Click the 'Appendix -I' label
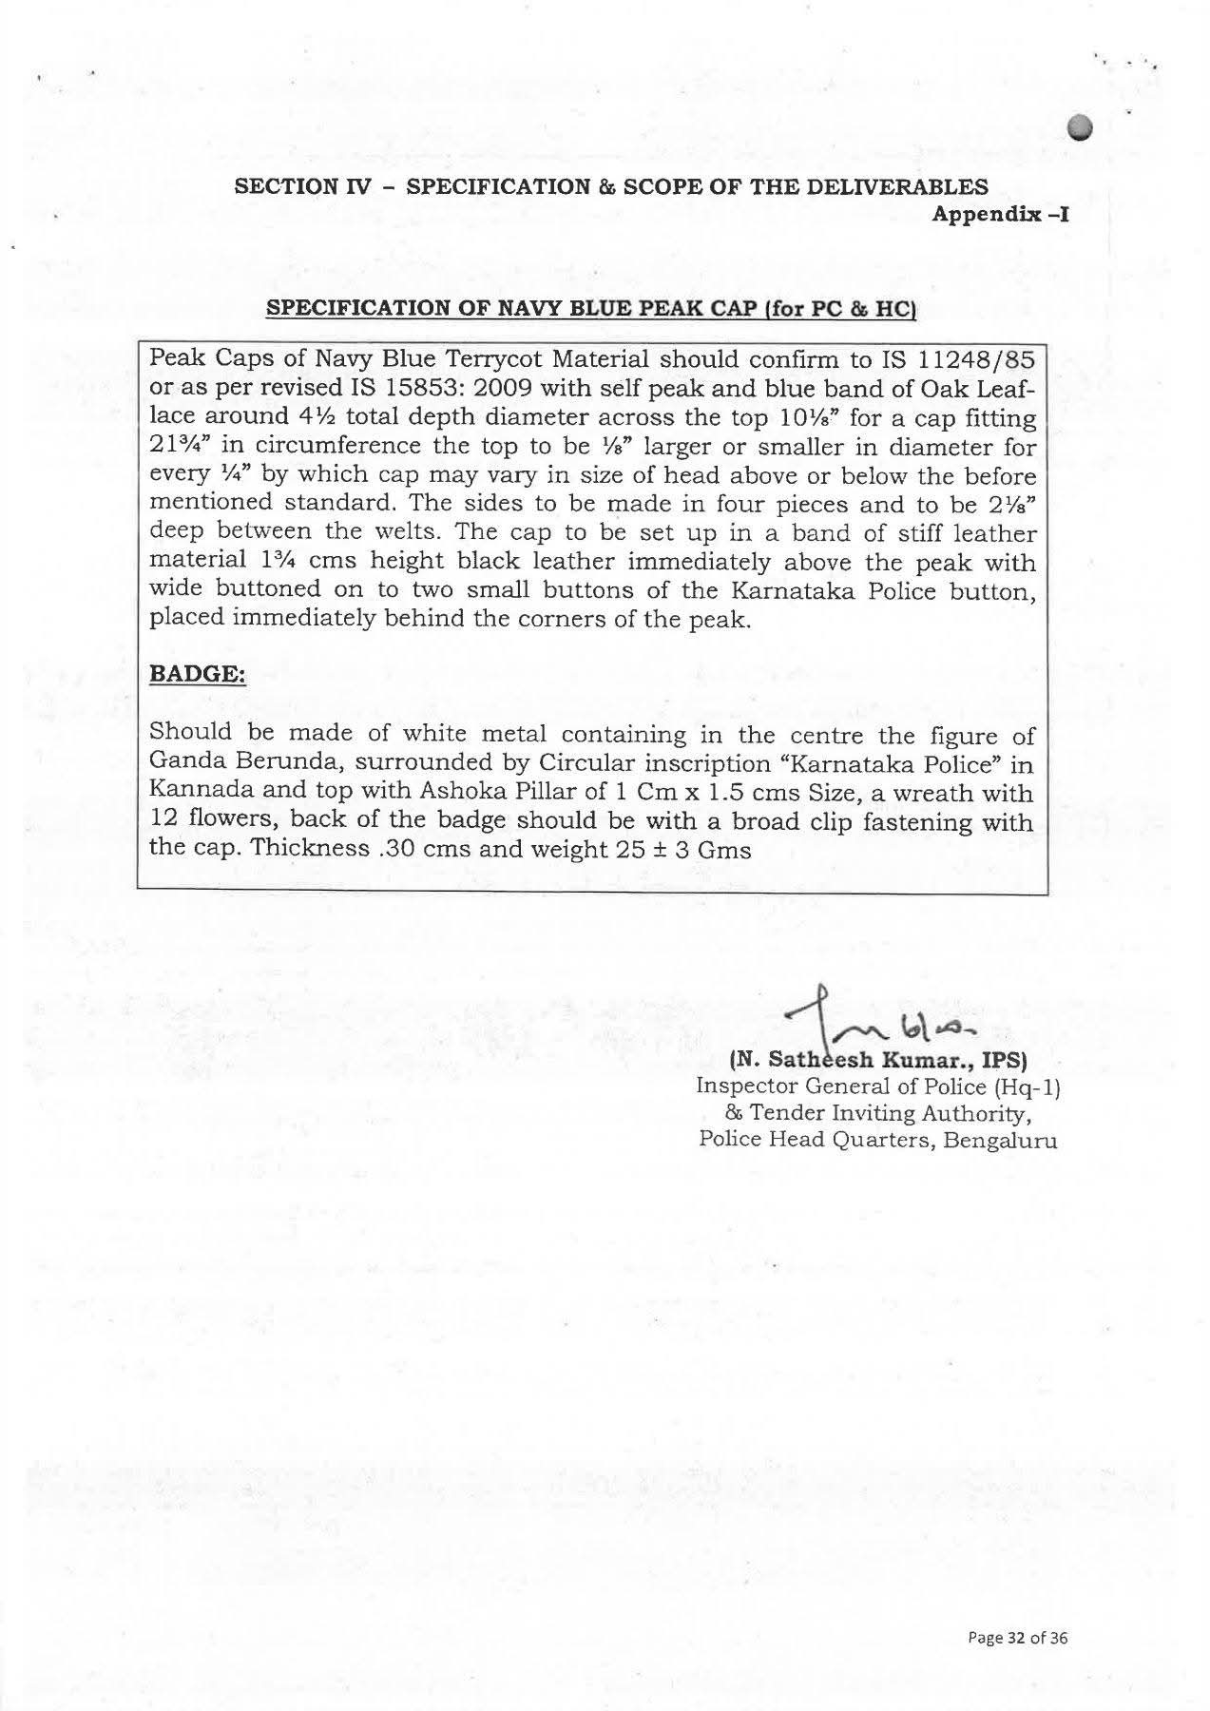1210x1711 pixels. (1000, 214)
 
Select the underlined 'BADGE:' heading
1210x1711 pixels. (198, 674)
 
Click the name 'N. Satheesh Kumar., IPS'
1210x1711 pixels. (879, 1059)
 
